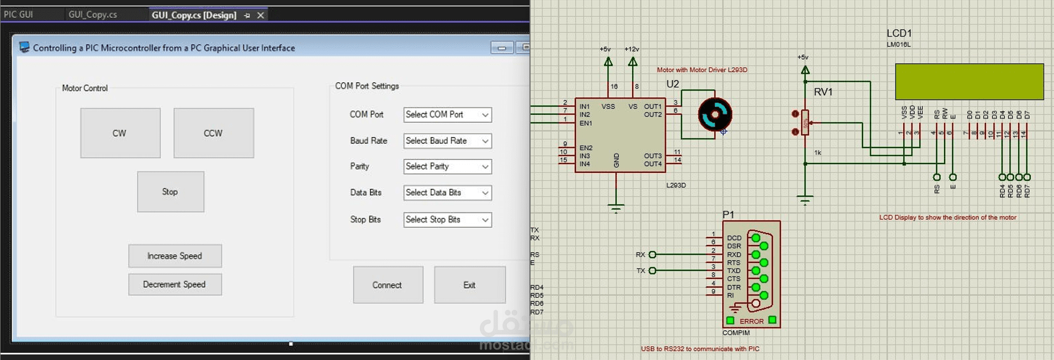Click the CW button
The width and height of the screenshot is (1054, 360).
[x=120, y=133]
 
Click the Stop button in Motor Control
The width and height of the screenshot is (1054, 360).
[x=170, y=192]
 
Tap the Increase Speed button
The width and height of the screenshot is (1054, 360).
[x=174, y=256]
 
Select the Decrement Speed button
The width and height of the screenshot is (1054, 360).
[x=174, y=284]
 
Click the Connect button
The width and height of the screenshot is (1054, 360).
[x=388, y=285]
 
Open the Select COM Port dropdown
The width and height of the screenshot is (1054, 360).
[x=447, y=115]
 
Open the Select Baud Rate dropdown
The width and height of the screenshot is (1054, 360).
[x=447, y=141]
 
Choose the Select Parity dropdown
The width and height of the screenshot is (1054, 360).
[x=447, y=167]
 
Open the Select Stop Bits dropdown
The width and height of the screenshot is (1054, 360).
[x=447, y=220]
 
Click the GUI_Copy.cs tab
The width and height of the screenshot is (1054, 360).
[x=93, y=14]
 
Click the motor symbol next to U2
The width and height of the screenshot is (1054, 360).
[x=715, y=114]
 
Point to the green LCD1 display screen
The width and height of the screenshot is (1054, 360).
[x=969, y=82]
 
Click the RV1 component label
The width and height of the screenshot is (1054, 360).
[x=823, y=92]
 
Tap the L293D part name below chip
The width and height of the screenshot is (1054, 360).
[x=676, y=186]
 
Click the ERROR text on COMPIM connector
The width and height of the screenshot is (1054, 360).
[x=751, y=321]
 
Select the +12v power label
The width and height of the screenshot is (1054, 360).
[x=632, y=49]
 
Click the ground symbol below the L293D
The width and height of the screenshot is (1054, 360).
[x=616, y=208]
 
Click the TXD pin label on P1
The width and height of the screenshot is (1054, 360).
[x=734, y=271]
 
